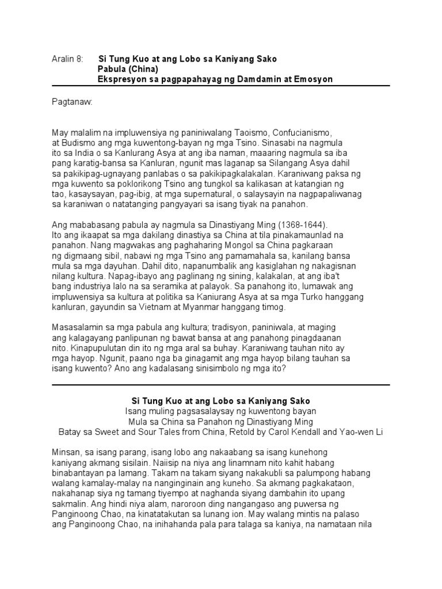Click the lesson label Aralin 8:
tap(67, 59)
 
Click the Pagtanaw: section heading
tap(72, 102)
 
